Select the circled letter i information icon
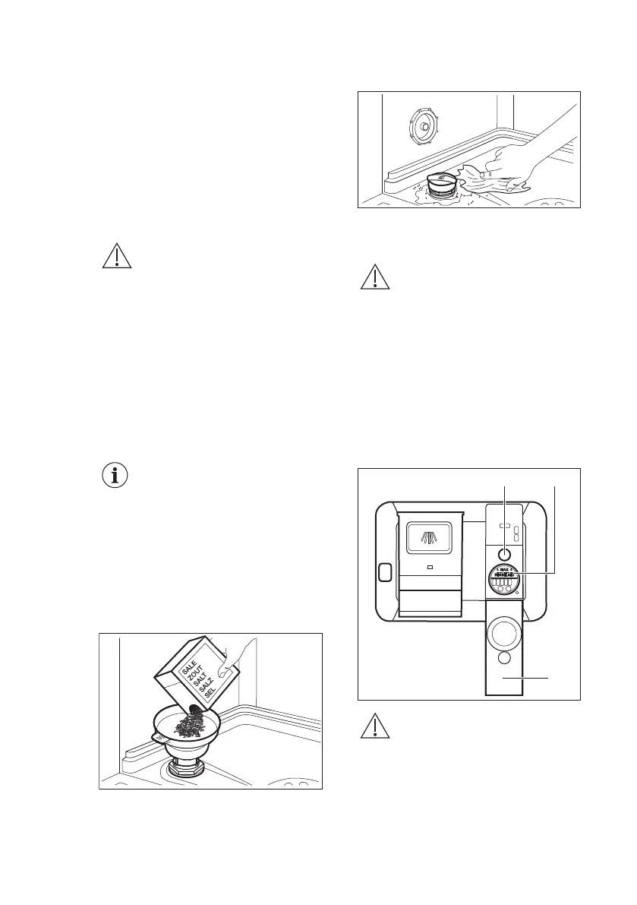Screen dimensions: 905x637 pos(115,476)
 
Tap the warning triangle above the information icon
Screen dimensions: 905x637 pos(116,257)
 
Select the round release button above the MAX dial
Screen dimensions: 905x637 pos(504,554)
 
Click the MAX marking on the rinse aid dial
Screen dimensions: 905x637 pos(504,569)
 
